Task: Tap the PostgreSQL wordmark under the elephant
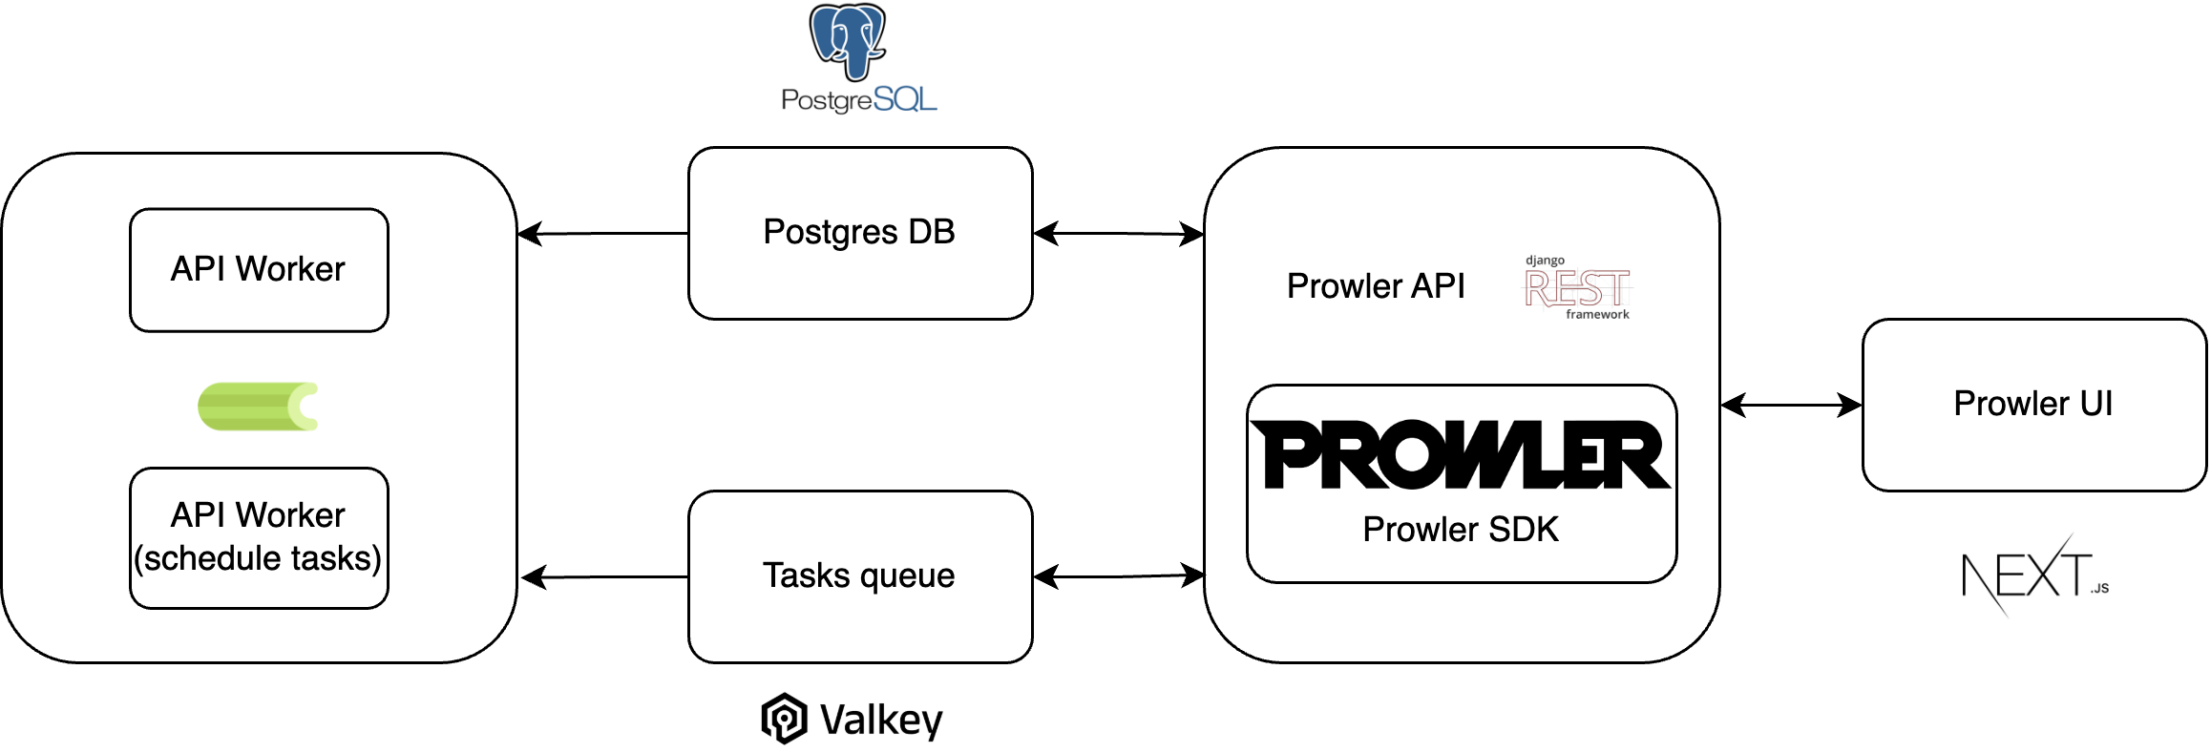click(x=858, y=99)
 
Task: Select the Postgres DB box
click(x=859, y=233)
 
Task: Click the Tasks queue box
click(x=859, y=576)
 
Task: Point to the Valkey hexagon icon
click(x=784, y=719)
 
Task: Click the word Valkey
click(x=881, y=720)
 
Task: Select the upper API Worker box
click(x=259, y=270)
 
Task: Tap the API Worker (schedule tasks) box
click(x=259, y=537)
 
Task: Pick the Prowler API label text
click(x=1375, y=286)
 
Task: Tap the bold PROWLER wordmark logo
click(x=1461, y=455)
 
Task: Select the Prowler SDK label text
click(x=1461, y=530)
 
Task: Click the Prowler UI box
click(x=2033, y=405)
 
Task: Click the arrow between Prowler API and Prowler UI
click(x=1791, y=406)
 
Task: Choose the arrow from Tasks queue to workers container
click(x=605, y=576)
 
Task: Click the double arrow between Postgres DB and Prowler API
click(x=1118, y=233)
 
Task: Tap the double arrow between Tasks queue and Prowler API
click(x=1118, y=576)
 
